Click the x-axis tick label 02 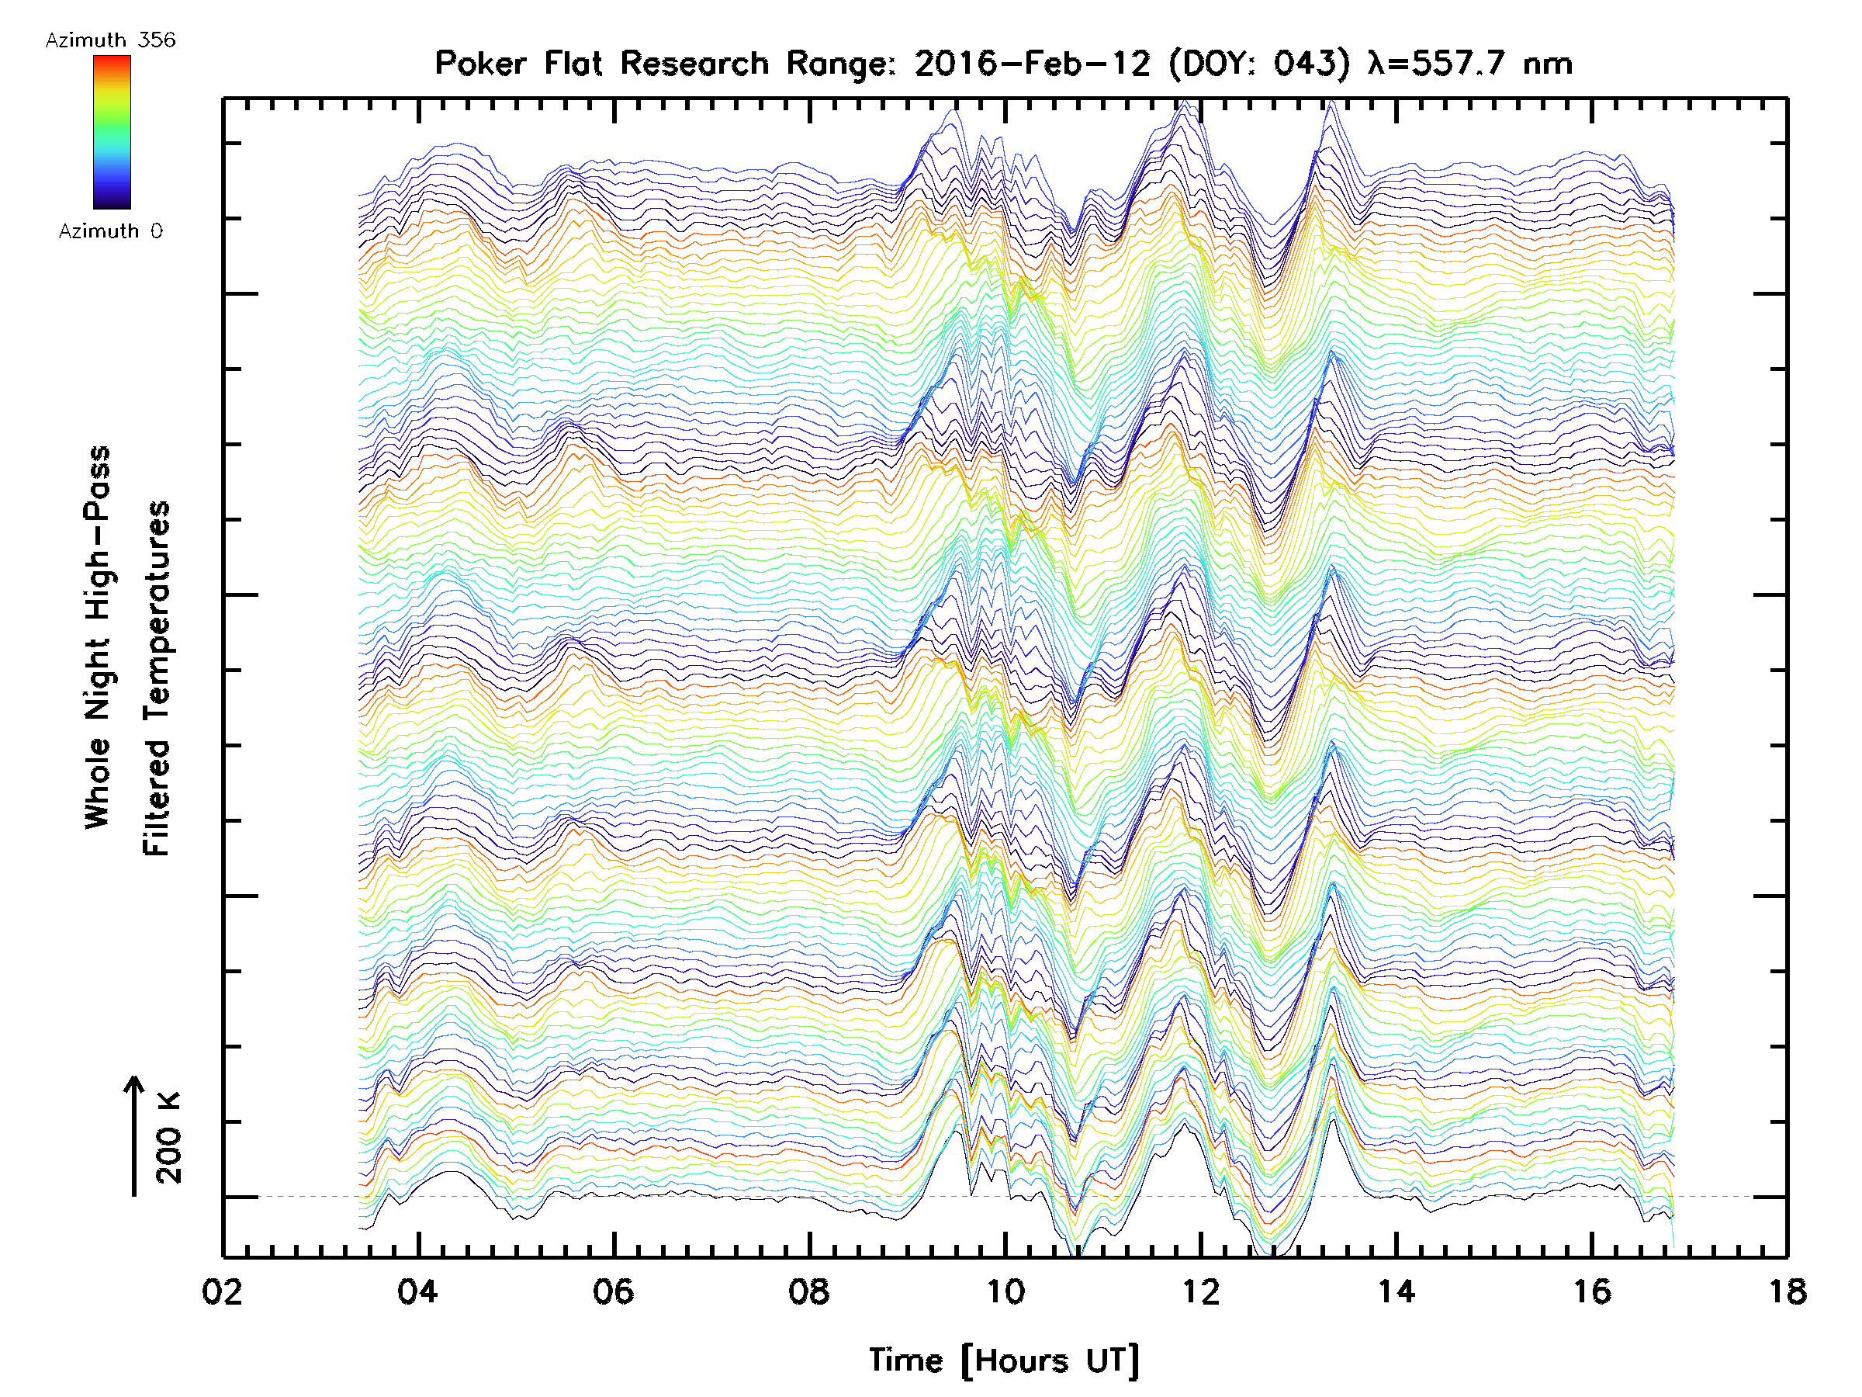click(x=222, y=1291)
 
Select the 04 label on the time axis click(x=417, y=1291)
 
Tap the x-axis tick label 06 click(x=613, y=1291)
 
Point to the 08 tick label click(x=809, y=1291)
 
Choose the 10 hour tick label click(x=1004, y=1291)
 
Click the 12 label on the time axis click(x=1200, y=1291)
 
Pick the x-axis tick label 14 click(x=1396, y=1291)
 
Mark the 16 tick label click(x=1592, y=1291)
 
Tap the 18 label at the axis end click(x=1786, y=1291)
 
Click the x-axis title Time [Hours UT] click(x=1004, y=1361)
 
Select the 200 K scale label click(x=168, y=1138)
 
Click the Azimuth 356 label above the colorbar click(x=110, y=40)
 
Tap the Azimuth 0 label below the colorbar click(x=110, y=231)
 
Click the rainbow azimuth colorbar click(x=112, y=132)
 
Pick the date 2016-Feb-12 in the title click(x=1032, y=64)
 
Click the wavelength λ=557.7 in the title click(x=1435, y=64)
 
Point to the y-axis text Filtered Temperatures click(x=157, y=678)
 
